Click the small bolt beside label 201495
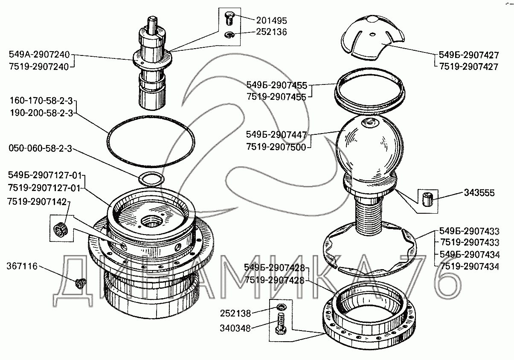[229, 18]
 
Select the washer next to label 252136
[229, 35]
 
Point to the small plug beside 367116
[79, 283]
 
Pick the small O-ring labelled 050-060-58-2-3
[151, 179]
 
